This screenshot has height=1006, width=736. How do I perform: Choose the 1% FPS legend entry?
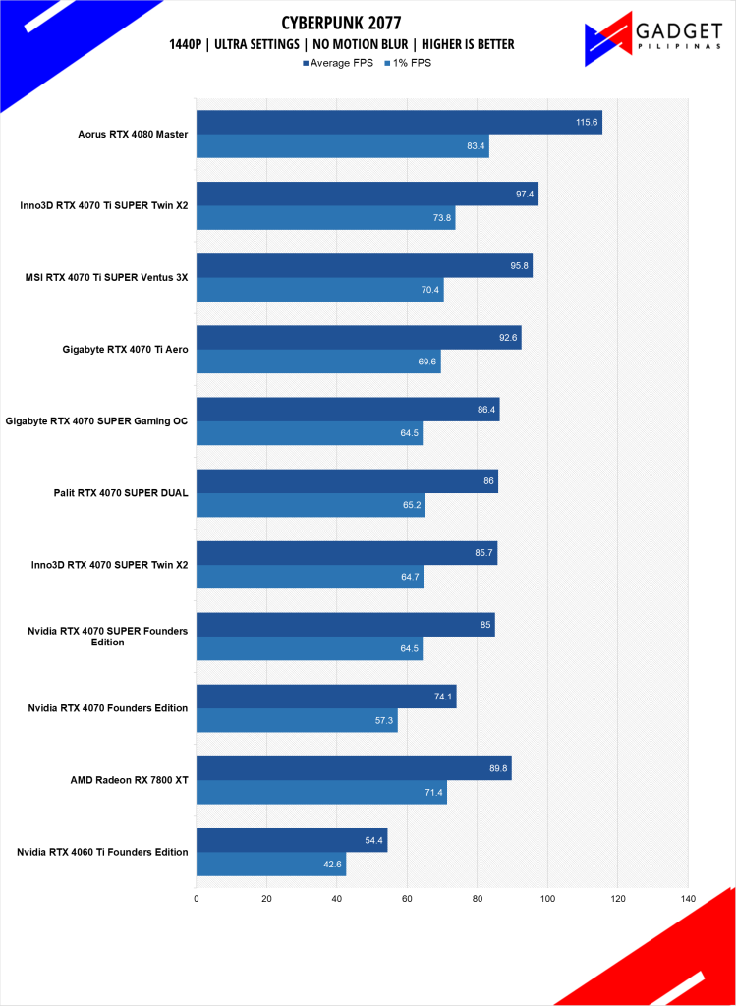tap(407, 62)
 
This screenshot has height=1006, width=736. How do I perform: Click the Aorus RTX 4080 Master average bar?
tap(398, 122)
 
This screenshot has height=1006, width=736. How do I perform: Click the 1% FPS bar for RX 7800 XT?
tap(321, 792)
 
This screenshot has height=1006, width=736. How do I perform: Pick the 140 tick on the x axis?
tap(687, 898)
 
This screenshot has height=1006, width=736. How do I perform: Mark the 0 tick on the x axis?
tap(197, 898)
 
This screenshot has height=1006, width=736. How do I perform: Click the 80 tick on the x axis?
tap(478, 898)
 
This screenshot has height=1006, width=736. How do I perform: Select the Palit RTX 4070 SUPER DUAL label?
tap(122, 493)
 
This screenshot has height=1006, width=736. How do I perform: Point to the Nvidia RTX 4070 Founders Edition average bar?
tap(326, 697)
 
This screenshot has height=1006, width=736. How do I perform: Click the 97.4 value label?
tap(524, 195)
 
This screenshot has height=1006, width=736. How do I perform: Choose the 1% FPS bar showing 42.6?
tap(271, 864)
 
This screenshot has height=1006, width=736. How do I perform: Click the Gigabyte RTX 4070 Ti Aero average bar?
tap(359, 338)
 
